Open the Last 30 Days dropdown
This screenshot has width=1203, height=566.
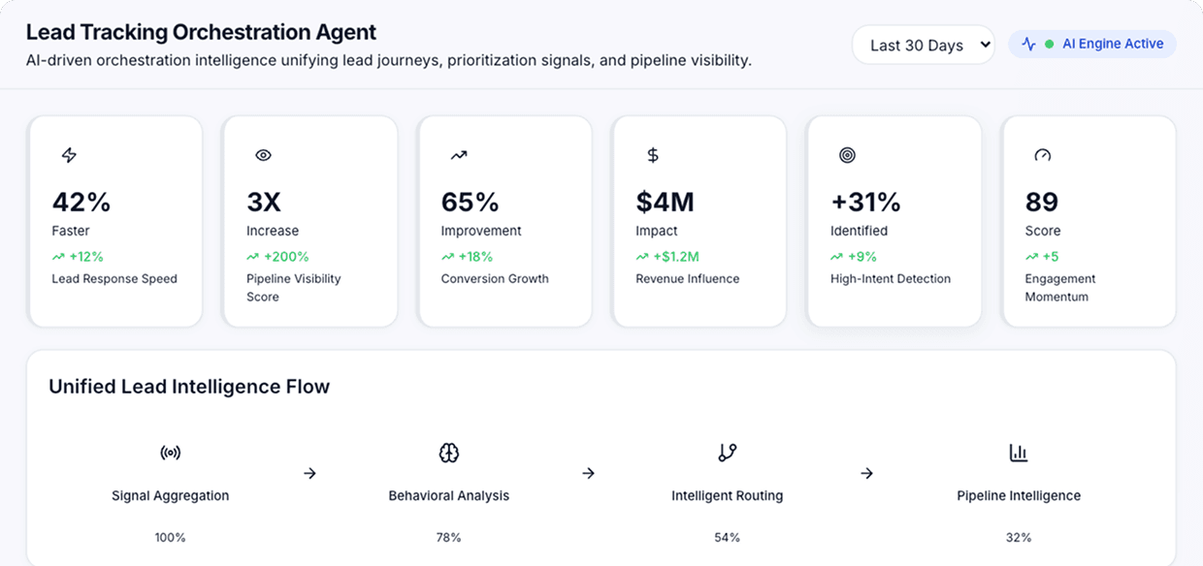[x=923, y=45]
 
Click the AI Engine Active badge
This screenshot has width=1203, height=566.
[x=1092, y=44]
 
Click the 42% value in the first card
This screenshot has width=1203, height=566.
[x=81, y=202]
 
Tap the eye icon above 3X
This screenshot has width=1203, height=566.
[x=263, y=155]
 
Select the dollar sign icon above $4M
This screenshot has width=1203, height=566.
[x=653, y=155]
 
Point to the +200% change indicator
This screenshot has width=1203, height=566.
[x=278, y=257]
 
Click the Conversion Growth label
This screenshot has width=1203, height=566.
[x=495, y=279]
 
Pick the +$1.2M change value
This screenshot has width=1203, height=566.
[x=668, y=257]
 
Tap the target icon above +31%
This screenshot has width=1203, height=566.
[x=847, y=155]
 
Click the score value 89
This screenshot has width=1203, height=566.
[x=1042, y=202]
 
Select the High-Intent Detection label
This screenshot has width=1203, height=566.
[x=891, y=279]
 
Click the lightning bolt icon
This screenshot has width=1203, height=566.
[x=69, y=155]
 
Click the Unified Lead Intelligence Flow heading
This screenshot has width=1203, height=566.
[x=189, y=387]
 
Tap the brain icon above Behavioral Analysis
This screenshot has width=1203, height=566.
[x=448, y=453]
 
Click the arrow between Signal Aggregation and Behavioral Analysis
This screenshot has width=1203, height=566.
[x=309, y=473]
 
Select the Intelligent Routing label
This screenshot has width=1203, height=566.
[x=727, y=495]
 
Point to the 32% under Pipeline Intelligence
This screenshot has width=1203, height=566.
[x=1019, y=537]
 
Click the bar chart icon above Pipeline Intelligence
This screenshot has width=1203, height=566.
[x=1019, y=453]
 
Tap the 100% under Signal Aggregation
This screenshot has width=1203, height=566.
[x=170, y=537]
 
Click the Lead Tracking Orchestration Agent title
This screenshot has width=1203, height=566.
[x=201, y=32]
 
